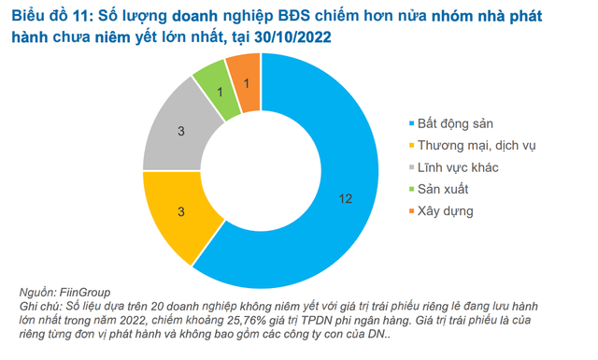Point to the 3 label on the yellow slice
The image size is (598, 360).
[x=181, y=209]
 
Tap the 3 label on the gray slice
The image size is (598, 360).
[x=181, y=132]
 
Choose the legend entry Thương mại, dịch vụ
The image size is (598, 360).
[x=477, y=146]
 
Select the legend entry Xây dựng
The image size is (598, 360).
[x=446, y=210]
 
